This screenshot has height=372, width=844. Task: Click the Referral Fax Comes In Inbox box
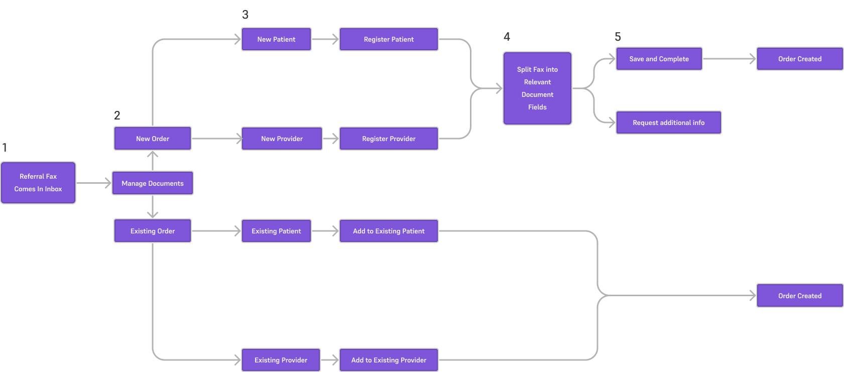[38, 183]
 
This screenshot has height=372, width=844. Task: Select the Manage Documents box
[153, 183]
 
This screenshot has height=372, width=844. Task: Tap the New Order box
[153, 139]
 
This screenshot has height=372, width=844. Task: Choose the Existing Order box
[153, 231]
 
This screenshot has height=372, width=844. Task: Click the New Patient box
[276, 39]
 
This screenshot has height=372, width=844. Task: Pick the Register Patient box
[389, 39]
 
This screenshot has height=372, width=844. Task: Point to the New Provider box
[282, 139]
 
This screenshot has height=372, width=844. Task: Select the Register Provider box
[389, 139]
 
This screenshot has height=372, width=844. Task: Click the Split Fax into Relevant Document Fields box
[537, 88]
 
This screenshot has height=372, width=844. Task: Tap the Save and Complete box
[659, 59]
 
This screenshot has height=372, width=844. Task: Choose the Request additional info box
[668, 122]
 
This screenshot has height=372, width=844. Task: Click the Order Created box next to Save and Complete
[800, 59]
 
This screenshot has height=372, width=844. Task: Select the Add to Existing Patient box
[389, 231]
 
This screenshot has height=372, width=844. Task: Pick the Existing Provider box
[281, 360]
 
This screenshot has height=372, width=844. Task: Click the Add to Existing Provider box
[389, 360]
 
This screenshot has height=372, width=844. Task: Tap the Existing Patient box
[276, 231]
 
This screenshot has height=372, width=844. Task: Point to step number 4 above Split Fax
[507, 37]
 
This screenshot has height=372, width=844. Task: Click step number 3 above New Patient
[245, 15]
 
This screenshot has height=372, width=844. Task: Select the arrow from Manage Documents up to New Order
[153, 161]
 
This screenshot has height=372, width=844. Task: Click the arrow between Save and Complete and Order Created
[729, 59]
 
